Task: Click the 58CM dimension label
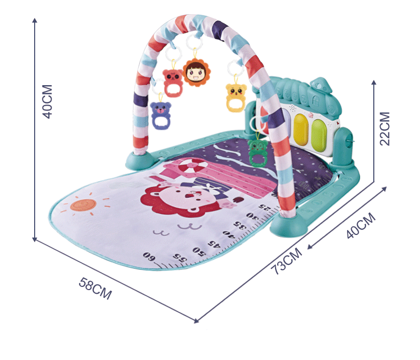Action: pos(95,289)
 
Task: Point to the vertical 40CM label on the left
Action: pos(47,101)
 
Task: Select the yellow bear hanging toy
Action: pos(236,96)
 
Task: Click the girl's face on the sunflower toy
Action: pos(194,72)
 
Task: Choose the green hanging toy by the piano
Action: pos(257,150)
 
